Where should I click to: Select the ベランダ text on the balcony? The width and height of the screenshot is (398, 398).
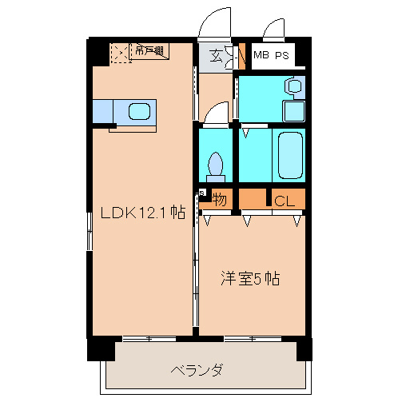point(196,370)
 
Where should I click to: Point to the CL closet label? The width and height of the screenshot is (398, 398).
point(285,201)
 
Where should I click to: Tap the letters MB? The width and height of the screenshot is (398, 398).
point(261,55)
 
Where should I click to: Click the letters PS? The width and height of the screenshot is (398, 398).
point(284,55)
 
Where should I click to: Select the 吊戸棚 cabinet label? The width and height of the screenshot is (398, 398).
point(149,52)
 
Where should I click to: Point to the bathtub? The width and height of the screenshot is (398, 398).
point(289,156)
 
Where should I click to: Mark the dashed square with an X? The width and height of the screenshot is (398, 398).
point(119,54)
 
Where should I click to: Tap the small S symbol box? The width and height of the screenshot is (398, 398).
point(201,193)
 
